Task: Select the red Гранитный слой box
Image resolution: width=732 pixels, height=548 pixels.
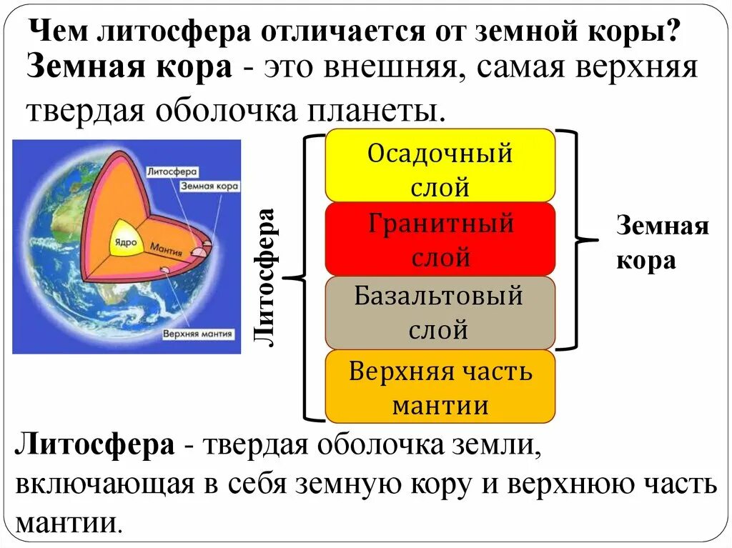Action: click(x=440, y=239)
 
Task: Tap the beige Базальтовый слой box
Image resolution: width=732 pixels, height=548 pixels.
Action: click(x=440, y=312)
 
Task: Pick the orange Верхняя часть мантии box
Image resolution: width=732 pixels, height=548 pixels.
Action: click(x=440, y=387)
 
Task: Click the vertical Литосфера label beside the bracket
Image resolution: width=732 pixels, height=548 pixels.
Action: click(x=266, y=277)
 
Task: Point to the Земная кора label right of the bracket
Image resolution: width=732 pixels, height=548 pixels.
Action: click(x=662, y=244)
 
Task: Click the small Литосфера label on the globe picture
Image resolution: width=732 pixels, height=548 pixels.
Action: click(x=171, y=171)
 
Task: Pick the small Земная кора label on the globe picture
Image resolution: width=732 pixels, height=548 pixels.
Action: click(x=209, y=184)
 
